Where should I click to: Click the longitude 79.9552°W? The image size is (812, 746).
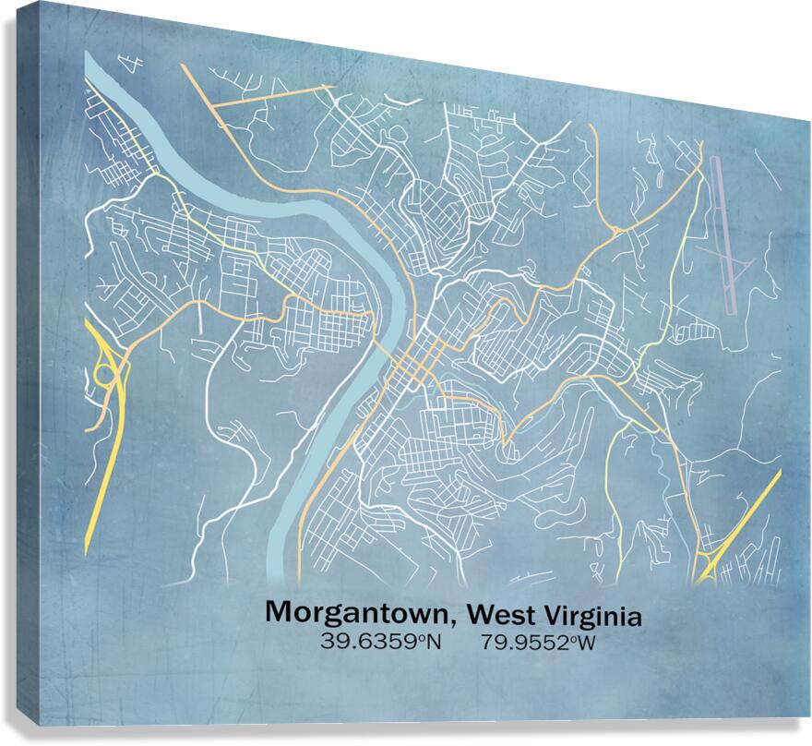point(537,641)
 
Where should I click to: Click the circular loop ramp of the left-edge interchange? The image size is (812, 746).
point(104,373)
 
